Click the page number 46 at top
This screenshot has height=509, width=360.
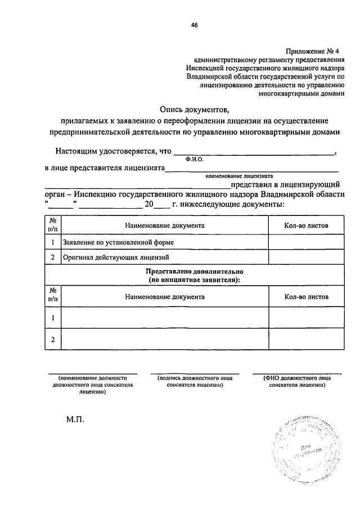coord(194,25)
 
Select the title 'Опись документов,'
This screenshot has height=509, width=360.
coord(195,110)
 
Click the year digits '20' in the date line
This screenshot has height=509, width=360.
coord(149,204)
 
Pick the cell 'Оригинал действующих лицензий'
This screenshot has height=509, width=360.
coord(116,258)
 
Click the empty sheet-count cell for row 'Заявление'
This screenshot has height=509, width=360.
coord(306,242)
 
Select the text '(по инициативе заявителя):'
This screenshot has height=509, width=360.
coord(194,280)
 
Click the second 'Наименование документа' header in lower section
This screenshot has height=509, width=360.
coord(165,296)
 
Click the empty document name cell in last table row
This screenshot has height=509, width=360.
coord(165,339)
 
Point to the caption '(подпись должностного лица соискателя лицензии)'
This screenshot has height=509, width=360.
coord(194,382)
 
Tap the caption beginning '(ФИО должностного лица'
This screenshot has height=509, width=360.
coord(296,382)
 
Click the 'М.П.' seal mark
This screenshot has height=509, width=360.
coord(73,420)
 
